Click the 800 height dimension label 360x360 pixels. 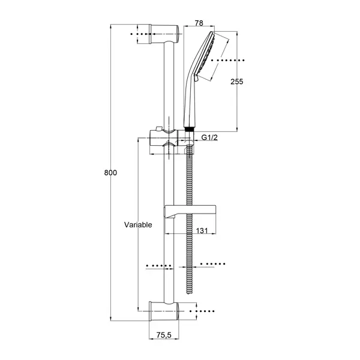pos(110,172)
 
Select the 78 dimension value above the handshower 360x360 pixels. pos(199,23)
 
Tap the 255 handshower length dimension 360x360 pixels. pos(237,82)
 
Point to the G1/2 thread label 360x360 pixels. pos(209,137)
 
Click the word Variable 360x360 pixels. pos(138,224)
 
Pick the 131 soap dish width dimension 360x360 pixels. pos(202,230)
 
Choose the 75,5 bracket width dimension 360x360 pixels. pos(164,335)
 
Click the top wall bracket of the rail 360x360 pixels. pos(164,34)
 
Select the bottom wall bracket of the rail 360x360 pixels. pos(164,311)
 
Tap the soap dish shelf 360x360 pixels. pos(190,211)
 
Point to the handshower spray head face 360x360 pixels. pos(205,53)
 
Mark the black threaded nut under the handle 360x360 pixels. pos(189,128)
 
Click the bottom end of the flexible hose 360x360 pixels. pos(190,293)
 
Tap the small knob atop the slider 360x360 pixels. pos(158,128)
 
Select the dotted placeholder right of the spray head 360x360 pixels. pos(228,60)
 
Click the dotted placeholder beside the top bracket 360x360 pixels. pos(143,34)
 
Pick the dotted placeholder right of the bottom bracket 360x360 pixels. pos(202,311)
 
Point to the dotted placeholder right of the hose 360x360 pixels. pos(212,264)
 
